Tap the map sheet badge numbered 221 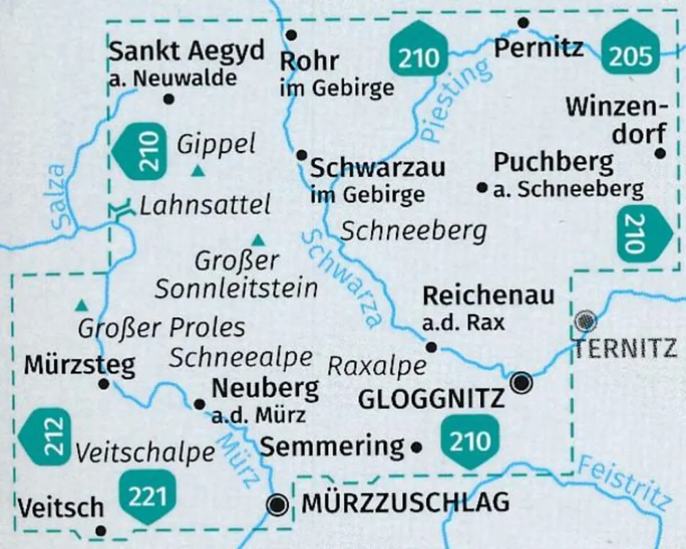tap(147, 497)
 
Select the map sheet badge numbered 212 tap(46, 436)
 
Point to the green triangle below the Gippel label tap(198, 171)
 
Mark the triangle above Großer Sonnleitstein tap(258, 240)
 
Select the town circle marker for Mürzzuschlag tap(277, 506)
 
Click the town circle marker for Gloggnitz tap(521, 382)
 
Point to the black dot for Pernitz tap(523, 23)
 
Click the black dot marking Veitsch tap(101, 530)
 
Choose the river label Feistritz tap(622, 484)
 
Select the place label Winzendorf tap(616, 121)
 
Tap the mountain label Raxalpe tap(377, 366)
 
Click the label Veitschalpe tap(145, 453)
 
